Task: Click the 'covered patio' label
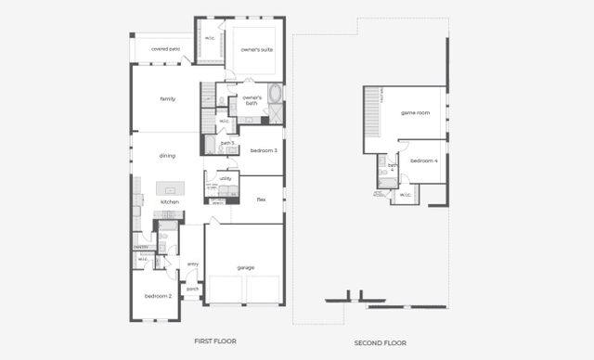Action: [165, 48]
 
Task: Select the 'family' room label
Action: [168, 98]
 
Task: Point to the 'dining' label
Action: [167, 156]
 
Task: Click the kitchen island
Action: [170, 188]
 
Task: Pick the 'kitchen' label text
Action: [170, 201]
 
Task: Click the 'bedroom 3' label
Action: [265, 149]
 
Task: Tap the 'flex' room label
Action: [262, 199]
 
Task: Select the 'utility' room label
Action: [226, 177]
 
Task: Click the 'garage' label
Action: [246, 267]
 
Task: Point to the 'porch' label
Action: [193, 289]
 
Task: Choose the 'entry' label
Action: [193, 264]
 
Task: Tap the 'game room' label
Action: [415, 112]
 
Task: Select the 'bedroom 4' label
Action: [424, 161]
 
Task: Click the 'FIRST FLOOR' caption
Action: [215, 341]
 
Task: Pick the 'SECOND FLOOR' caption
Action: [381, 343]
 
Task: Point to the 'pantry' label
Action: [141, 247]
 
